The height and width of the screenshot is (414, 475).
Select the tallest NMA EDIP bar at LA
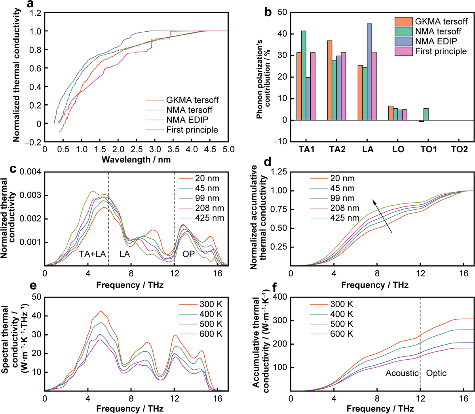369,72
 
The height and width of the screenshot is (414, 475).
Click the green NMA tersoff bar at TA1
304,75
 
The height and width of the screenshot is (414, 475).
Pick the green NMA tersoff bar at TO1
426,114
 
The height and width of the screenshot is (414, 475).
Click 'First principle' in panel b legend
441,52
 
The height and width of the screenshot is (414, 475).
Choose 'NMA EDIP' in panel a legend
187,120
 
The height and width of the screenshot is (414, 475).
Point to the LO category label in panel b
398,149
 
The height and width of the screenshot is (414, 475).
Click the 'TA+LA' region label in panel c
92,254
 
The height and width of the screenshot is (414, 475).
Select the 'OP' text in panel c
188,254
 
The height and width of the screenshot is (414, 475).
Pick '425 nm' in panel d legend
345,218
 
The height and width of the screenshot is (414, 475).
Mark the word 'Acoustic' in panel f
402,373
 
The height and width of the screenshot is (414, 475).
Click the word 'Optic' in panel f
436,373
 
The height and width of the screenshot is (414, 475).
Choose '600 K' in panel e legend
211,334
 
